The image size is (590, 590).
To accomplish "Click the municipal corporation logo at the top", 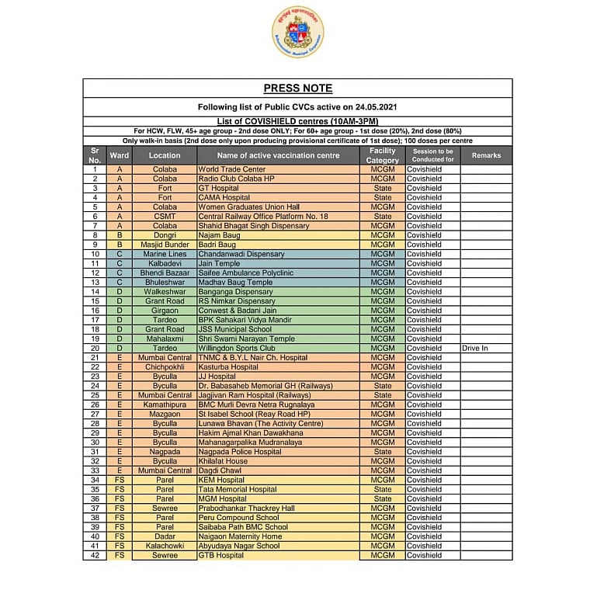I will tap(297, 32).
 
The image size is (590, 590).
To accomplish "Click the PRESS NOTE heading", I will tap(297, 88).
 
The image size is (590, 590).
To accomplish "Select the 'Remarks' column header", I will tap(486, 155).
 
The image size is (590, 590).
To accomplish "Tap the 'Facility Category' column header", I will tap(383, 155).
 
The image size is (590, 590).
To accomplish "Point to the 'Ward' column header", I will tap(120, 155).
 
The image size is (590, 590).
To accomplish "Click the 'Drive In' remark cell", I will tap(474, 349).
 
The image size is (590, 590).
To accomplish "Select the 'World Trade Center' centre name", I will tap(231, 169).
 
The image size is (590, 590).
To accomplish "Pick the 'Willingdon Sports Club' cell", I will tap(236, 349).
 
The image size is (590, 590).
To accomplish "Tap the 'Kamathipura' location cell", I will tap(165, 405).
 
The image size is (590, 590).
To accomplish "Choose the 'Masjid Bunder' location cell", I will tap(165, 245).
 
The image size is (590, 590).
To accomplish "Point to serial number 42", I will tap(95, 556).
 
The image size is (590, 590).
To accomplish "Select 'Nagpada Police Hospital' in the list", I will tap(239, 452).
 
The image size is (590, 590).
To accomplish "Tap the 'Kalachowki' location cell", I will tap(165, 546).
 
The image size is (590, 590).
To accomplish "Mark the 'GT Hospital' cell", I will tap(219, 188).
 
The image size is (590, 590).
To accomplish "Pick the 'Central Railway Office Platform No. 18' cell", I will tap(263, 217).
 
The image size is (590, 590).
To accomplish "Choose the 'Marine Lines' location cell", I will tap(165, 254).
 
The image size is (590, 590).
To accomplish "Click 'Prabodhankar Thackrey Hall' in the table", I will tap(246, 508).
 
